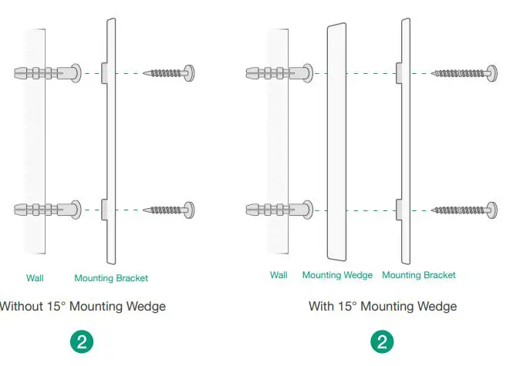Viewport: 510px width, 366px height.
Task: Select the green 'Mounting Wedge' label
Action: pyautogui.click(x=337, y=275)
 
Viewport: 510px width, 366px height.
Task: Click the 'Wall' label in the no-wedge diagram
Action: pyautogui.click(x=35, y=277)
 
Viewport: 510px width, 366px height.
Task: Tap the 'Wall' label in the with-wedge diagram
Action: pyautogui.click(x=279, y=275)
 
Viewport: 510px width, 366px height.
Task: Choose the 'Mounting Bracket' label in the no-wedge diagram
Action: pyautogui.click(x=111, y=277)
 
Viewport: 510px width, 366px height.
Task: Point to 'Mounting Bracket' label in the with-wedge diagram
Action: pyautogui.click(x=419, y=275)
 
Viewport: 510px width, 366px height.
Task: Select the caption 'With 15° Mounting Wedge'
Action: pyautogui.click(x=383, y=307)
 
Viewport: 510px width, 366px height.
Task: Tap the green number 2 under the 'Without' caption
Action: pyautogui.click(x=80, y=341)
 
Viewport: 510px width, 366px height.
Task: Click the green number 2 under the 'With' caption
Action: pyautogui.click(x=381, y=341)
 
